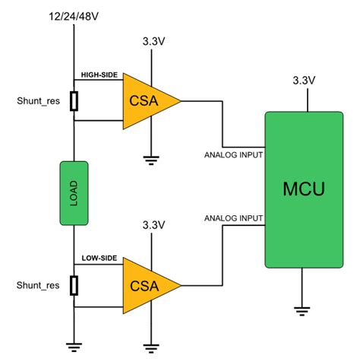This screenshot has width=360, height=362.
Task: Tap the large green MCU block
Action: [x=304, y=189]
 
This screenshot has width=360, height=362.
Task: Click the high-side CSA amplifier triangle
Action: [x=147, y=100]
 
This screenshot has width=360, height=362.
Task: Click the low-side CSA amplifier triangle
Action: [x=147, y=286]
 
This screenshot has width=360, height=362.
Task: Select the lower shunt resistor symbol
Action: [x=74, y=285]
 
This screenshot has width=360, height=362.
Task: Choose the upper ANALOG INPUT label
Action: [x=233, y=154]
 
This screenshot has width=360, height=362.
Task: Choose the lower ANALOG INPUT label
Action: [x=233, y=219]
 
